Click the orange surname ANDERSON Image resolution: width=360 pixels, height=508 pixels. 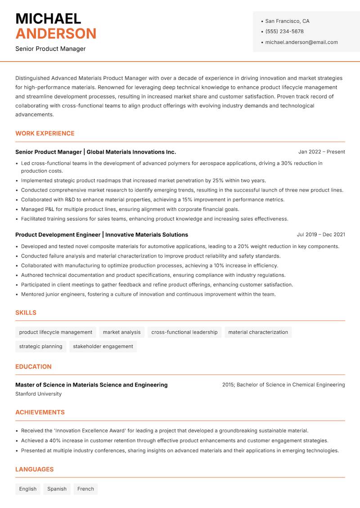(56, 34)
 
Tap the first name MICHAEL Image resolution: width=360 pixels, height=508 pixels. (48, 18)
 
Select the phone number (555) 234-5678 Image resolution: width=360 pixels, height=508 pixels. (284, 31)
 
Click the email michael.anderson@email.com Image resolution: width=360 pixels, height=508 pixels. (301, 42)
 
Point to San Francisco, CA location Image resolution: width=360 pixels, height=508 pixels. (287, 21)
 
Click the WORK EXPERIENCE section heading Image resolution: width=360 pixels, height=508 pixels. (45, 134)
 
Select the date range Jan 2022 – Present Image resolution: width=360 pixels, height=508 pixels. (321, 152)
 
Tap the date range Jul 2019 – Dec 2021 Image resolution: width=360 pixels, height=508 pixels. (321, 235)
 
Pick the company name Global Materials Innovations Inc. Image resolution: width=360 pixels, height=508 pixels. (131, 152)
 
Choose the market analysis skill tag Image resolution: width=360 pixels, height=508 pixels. (121, 332)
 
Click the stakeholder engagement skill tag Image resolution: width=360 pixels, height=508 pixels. (103, 347)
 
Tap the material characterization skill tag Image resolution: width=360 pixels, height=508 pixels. (258, 332)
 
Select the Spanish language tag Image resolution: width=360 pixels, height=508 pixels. (57, 489)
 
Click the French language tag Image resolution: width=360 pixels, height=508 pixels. (85, 489)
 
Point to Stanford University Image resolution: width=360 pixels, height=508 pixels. (38, 394)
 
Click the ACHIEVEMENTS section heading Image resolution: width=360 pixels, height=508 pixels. (40, 412)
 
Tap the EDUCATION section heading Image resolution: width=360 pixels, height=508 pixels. (33, 367)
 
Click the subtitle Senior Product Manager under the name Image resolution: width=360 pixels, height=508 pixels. (50, 49)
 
